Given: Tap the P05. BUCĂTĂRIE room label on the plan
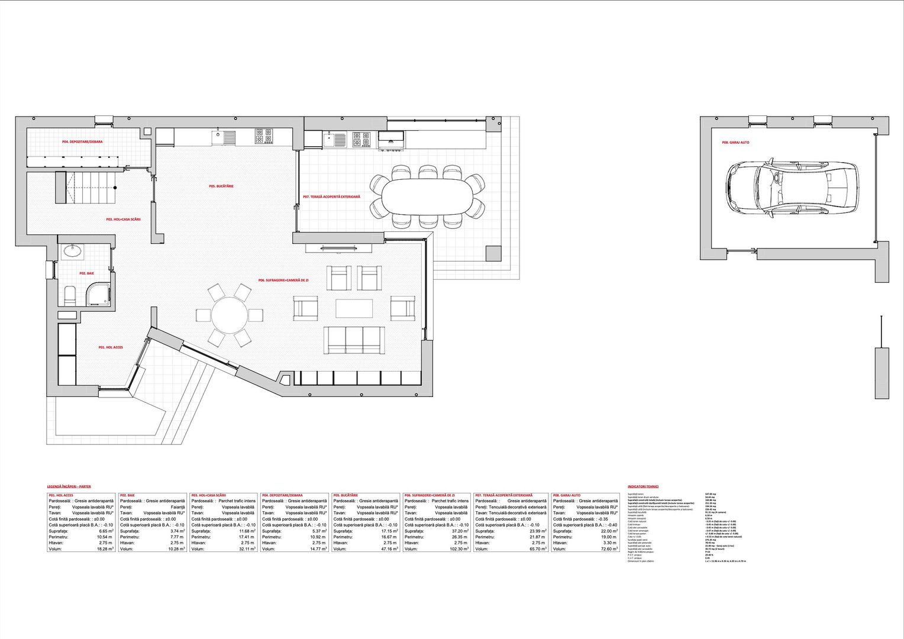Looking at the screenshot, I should pos(221,186).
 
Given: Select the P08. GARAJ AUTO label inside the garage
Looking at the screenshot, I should pos(735,143).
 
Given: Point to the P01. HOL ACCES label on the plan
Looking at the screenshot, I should pos(111,348).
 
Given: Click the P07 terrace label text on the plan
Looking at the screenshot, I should pos(331,196).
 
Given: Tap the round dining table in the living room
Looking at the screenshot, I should pos(230,315).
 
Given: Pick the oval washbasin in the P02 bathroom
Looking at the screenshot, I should pos(74,251).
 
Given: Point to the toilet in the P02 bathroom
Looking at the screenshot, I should pos(69,295).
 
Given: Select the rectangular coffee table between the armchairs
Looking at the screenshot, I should pos(354,308).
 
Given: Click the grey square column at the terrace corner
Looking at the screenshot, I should pos(493,253).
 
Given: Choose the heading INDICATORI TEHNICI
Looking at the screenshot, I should pos(643,487).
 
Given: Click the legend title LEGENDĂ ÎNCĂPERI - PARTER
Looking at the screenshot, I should pos(69,486).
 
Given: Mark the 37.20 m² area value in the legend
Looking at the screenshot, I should pos(459,531).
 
